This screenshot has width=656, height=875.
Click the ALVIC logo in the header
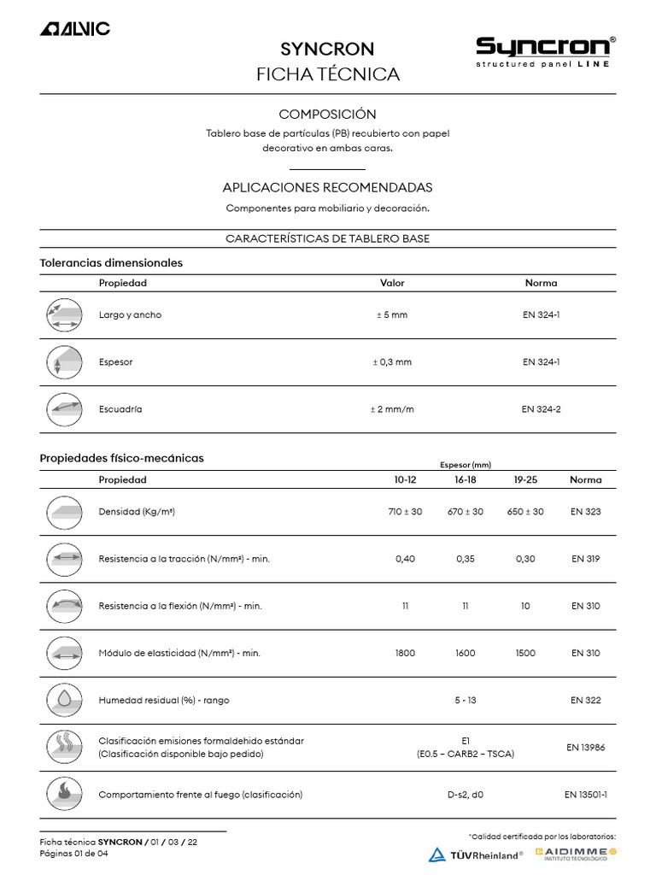coord(75,29)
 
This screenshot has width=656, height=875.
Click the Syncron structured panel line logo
coord(545,52)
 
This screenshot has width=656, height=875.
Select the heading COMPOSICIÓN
coord(327,115)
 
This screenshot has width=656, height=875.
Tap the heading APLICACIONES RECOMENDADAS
coord(327,187)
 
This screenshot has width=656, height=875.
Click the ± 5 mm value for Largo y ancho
coord(392,315)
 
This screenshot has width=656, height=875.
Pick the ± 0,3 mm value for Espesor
coord(392,362)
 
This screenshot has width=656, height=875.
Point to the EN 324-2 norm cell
coord(542,409)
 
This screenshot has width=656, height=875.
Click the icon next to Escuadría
coord(64,409)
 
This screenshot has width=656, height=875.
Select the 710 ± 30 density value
coord(405,512)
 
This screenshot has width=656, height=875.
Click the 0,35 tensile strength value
coord(466,559)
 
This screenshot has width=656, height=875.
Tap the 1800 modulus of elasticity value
coord(405,653)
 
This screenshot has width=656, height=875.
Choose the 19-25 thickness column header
coord(525,480)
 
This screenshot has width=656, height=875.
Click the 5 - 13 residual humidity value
coord(466,700)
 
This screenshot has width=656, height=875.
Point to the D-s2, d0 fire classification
coord(466,795)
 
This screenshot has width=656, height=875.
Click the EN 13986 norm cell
coord(586,748)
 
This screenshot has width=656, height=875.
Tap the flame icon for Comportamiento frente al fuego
coord(64,795)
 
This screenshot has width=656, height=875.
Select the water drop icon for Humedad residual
coord(64,700)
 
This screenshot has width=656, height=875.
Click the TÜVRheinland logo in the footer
coord(476,854)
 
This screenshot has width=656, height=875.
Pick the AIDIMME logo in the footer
coord(576,854)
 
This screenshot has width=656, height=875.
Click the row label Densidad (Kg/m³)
coord(137,512)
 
